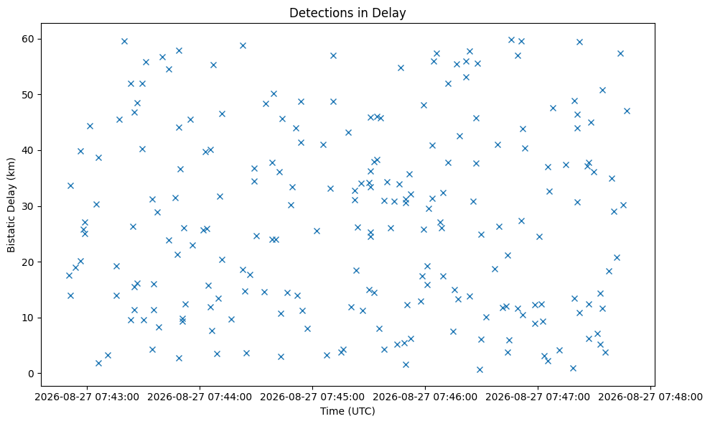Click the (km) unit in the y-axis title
point(11,167)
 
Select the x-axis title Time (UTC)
point(347,411)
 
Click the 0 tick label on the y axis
point(32,374)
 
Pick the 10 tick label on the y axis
point(29,318)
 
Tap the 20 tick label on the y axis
point(29,262)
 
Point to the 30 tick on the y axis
point(29,206)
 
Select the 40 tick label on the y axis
point(29,150)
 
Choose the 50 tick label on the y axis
point(29,95)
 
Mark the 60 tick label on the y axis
point(29,39)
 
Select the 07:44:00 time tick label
point(200,397)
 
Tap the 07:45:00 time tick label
point(312,397)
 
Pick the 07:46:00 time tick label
point(425,397)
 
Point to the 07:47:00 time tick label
point(538,397)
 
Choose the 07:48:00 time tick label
point(650,397)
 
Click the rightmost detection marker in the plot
point(627,111)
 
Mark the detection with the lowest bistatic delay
point(480,369)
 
